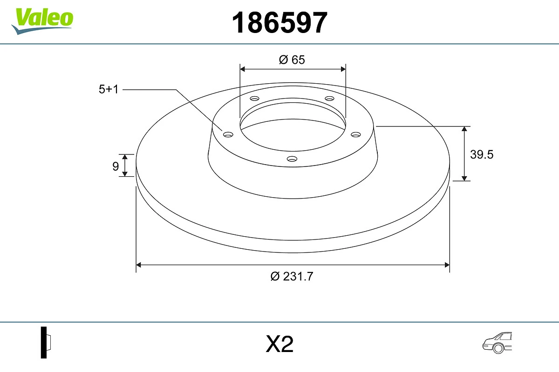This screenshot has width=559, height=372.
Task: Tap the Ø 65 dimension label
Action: (x=292, y=60)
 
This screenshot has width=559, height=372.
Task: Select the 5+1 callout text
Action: (x=109, y=89)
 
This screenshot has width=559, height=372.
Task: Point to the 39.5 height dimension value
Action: (x=481, y=154)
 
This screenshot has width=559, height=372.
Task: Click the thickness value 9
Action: (x=116, y=166)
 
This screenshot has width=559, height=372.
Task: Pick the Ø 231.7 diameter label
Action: (x=292, y=276)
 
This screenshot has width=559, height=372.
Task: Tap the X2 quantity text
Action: (x=279, y=345)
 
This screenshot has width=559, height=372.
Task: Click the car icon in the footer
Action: (x=498, y=343)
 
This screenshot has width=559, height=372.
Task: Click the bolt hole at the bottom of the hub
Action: (x=292, y=159)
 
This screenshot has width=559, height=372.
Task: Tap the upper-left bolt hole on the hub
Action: (x=254, y=99)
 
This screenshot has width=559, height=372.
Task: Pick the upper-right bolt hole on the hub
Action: (x=330, y=99)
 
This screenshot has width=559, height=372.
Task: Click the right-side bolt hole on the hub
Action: (x=356, y=134)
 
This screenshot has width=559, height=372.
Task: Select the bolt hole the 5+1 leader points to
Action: (x=228, y=134)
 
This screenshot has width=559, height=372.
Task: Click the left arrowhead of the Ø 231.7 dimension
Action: (x=138, y=265)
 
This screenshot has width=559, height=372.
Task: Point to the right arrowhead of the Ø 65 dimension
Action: (x=343, y=69)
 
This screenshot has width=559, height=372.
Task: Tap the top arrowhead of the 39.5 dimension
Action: (x=464, y=129)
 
